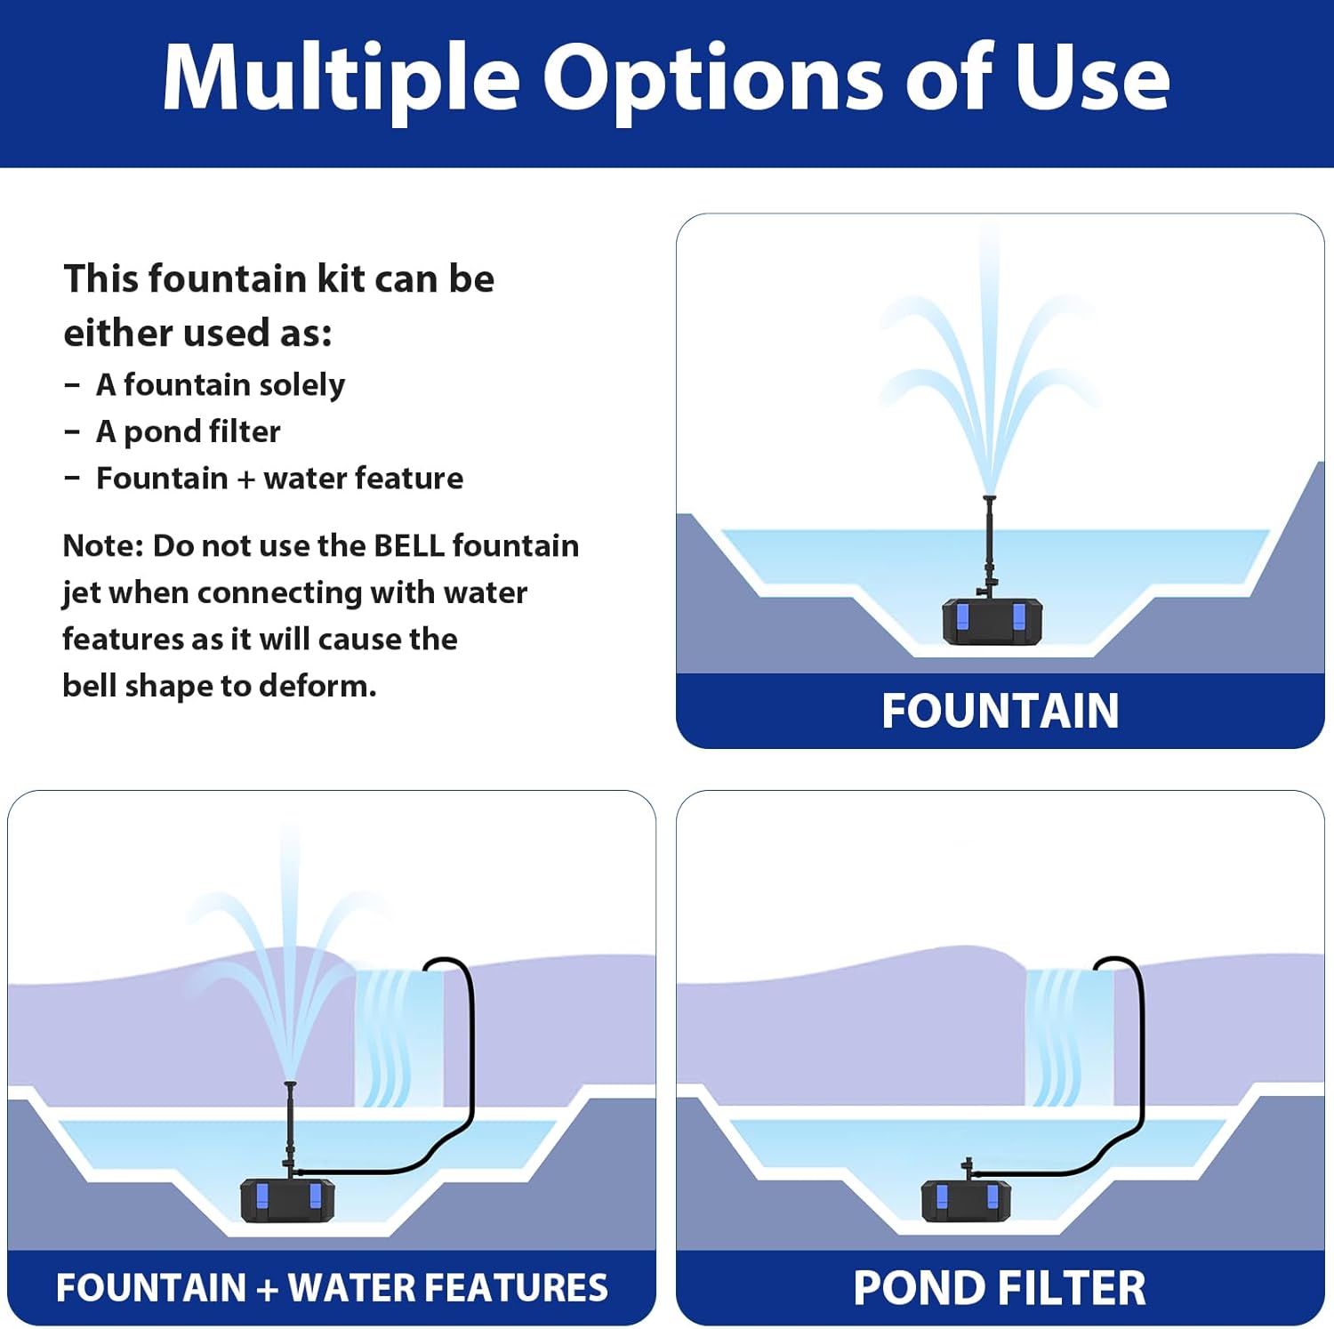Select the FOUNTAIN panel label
[x=1000, y=711]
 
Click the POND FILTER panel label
[x=1000, y=1288]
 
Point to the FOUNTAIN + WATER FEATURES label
[x=332, y=1288]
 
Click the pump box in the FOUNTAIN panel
[x=992, y=622]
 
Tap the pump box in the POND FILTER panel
[x=966, y=1201]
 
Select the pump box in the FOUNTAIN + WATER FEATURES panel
[x=288, y=1201]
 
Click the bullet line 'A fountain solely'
[x=220, y=385]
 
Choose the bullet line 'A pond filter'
[x=188, y=432]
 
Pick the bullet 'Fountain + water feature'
[x=279, y=479]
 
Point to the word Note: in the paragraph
[x=102, y=546]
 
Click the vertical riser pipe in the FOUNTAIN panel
[x=989, y=543]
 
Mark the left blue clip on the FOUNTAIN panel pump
[x=962, y=616]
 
